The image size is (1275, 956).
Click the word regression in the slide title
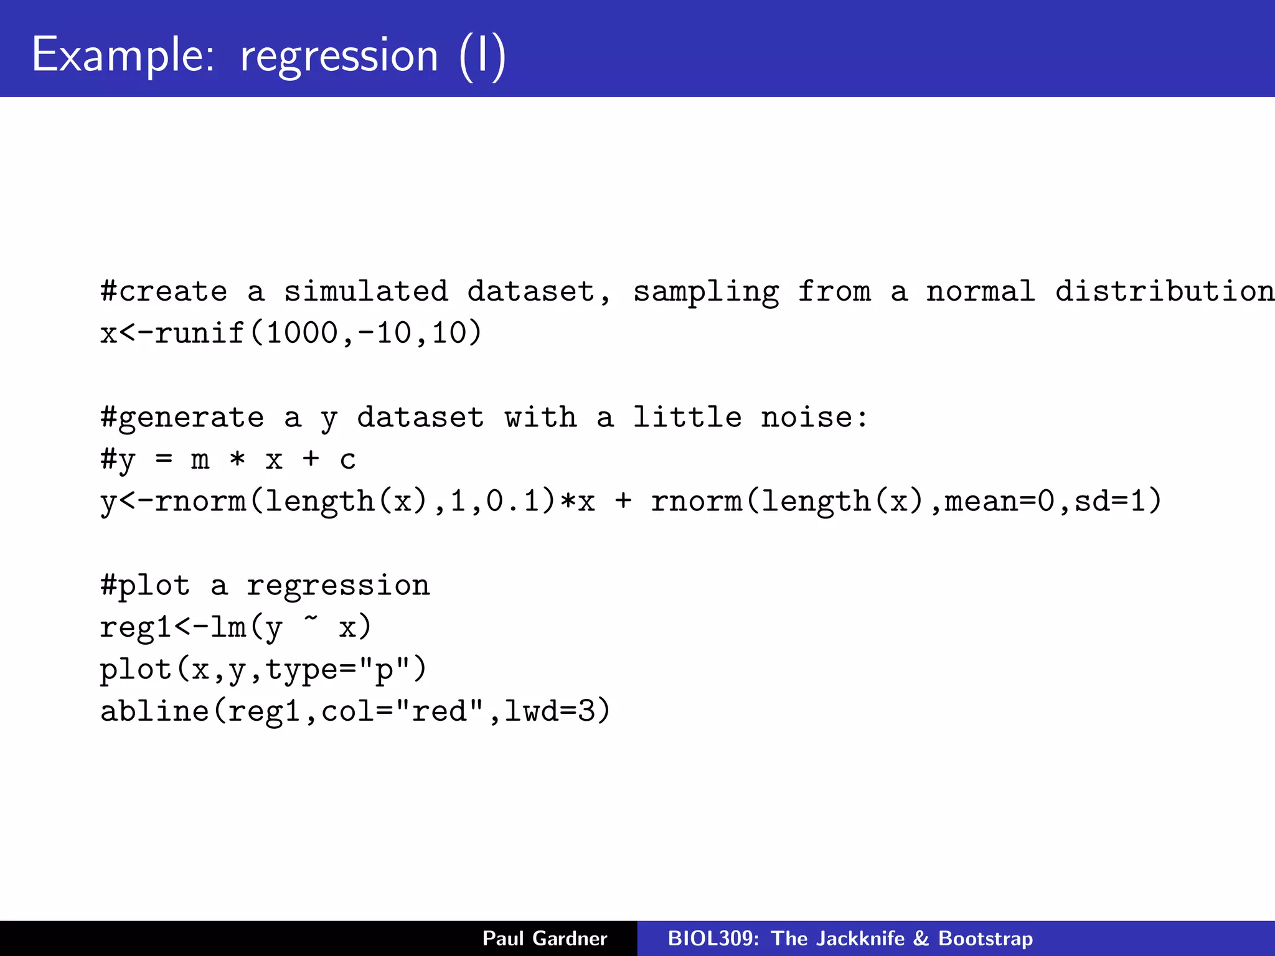click(x=339, y=55)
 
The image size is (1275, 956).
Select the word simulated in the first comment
click(x=365, y=291)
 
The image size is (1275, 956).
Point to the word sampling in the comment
click(x=705, y=291)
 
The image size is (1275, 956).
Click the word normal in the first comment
click(x=981, y=291)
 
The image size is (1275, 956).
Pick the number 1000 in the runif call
click(x=302, y=333)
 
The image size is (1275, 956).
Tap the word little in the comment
click(x=687, y=417)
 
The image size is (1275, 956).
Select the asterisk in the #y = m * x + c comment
click(x=237, y=460)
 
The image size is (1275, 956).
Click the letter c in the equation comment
click(x=348, y=460)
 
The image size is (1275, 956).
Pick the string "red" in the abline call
click(x=439, y=711)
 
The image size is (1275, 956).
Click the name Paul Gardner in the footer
click(x=545, y=938)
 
